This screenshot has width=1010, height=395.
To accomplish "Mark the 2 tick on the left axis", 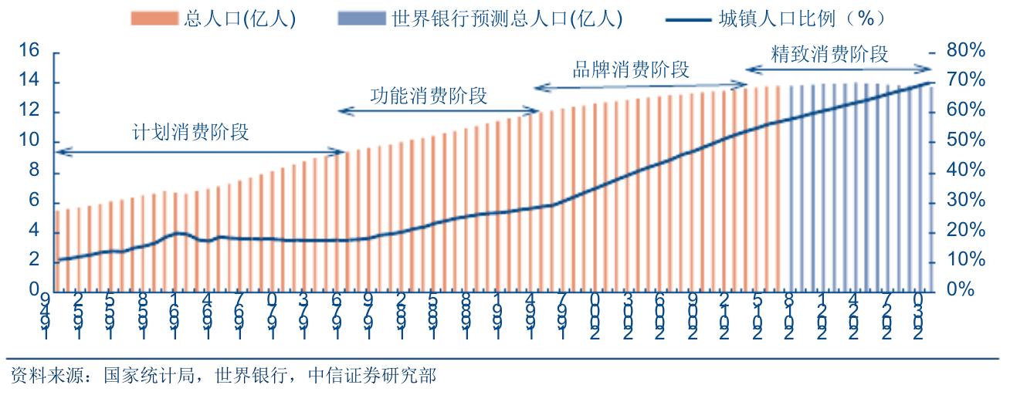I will [x=34, y=261].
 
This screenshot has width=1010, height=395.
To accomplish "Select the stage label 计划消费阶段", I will [x=191, y=131].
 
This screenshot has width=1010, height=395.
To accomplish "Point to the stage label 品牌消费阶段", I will [x=631, y=69].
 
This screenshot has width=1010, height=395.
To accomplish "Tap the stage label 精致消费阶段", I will [x=831, y=54].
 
